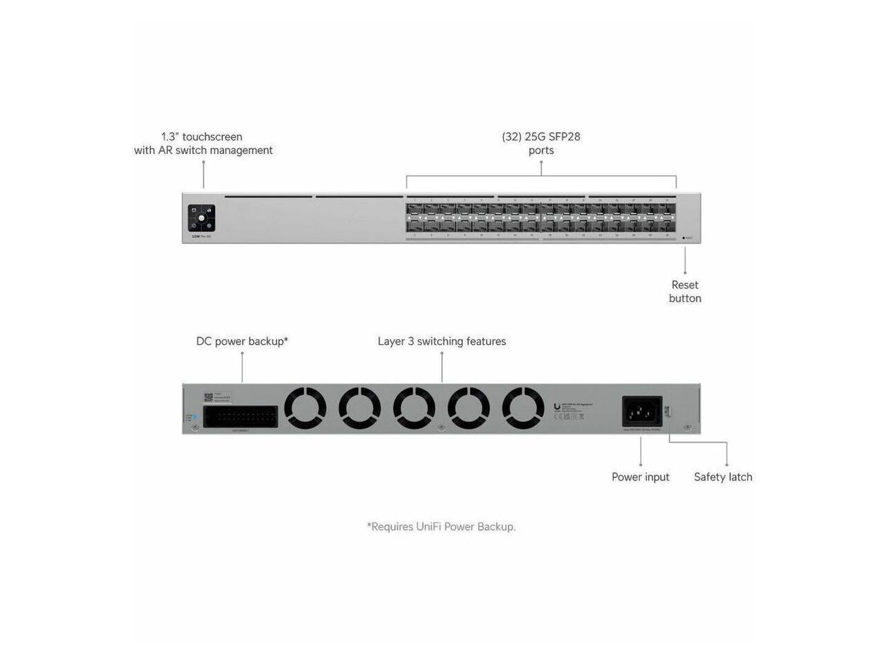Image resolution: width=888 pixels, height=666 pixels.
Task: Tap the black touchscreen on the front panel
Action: coord(201,218)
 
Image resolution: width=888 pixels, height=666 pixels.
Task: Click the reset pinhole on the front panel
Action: coord(683,238)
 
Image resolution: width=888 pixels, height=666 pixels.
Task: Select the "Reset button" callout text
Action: coord(685,291)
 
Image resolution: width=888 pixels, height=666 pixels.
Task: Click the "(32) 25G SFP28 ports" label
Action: coord(541,144)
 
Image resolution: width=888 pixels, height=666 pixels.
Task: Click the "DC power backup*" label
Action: coord(242,341)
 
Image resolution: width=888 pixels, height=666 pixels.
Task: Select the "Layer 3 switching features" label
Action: coord(442,341)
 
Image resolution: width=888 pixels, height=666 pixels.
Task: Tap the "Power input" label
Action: coord(640,477)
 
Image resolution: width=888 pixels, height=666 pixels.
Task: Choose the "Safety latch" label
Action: coord(723,477)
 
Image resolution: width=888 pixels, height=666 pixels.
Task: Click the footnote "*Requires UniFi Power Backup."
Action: coord(441,527)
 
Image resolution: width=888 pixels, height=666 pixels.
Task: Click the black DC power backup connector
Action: coord(241,416)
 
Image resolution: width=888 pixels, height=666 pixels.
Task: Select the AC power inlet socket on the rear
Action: coord(642,411)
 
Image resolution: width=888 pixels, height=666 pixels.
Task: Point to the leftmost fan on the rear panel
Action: coord(305,408)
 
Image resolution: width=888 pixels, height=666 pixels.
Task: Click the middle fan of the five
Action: coord(414,408)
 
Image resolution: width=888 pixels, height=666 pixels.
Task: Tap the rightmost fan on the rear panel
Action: coord(523,408)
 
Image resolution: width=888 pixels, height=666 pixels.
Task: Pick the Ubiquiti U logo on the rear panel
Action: coord(557,408)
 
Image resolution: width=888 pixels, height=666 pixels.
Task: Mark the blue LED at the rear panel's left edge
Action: coord(194,417)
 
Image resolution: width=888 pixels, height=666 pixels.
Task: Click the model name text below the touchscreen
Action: coord(201,237)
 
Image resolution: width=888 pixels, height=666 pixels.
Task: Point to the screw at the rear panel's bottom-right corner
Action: coord(688,427)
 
